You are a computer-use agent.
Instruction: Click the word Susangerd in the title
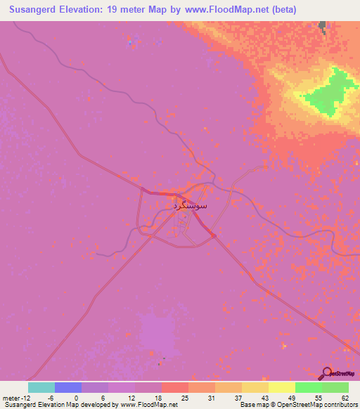tap(36, 9)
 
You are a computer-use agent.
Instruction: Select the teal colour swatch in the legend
tap(41, 387)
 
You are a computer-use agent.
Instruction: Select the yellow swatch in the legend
tap(281, 387)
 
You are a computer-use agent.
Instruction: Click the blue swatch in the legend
tap(68, 387)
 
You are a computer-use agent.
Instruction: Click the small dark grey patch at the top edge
tap(323, 26)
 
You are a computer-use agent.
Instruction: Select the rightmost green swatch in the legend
tap(335, 387)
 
